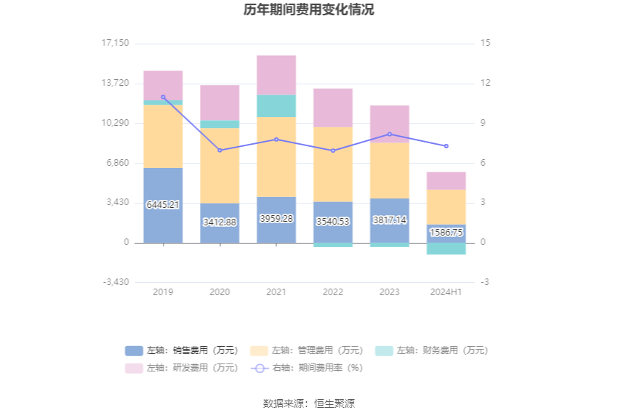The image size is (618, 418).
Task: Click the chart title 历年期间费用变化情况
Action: [309, 10]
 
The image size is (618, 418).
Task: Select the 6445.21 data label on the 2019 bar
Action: [163, 205]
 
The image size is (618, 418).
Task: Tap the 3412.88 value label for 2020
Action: [220, 222]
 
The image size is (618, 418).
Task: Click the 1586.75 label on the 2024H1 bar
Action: [446, 233]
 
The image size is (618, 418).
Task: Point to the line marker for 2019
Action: [163, 97]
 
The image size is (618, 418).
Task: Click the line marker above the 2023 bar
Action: [390, 134]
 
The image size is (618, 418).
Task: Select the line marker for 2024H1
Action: [446, 146]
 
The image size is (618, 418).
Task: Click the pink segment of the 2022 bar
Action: [333, 108]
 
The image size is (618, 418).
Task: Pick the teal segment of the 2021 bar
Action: [276, 106]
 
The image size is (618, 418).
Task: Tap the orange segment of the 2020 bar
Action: [220, 165]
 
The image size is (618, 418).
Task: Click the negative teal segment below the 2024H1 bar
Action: [446, 249]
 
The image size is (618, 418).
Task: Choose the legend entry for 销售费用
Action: [182, 350]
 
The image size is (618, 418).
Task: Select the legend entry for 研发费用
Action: [182, 368]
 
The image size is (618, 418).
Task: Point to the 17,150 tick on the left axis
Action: [115, 43]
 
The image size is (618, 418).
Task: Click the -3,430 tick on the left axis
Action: [115, 282]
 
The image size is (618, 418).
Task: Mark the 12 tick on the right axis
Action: [486, 83]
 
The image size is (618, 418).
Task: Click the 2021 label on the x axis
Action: [276, 292]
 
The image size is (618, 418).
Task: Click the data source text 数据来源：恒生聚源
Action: [309, 403]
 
